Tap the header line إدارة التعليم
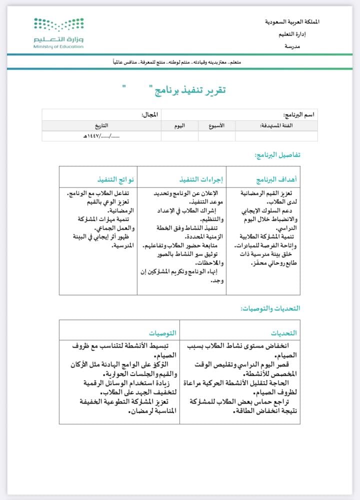coord(305,34)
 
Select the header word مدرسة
coord(310,46)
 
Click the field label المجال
coord(150,115)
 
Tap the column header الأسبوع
coord(216,126)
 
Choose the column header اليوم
coord(179,126)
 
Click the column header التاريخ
coord(100,126)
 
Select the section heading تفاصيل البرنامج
coord(277,155)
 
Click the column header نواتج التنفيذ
coord(116,179)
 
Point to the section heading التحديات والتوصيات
coord(270,308)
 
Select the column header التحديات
coord(284,332)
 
